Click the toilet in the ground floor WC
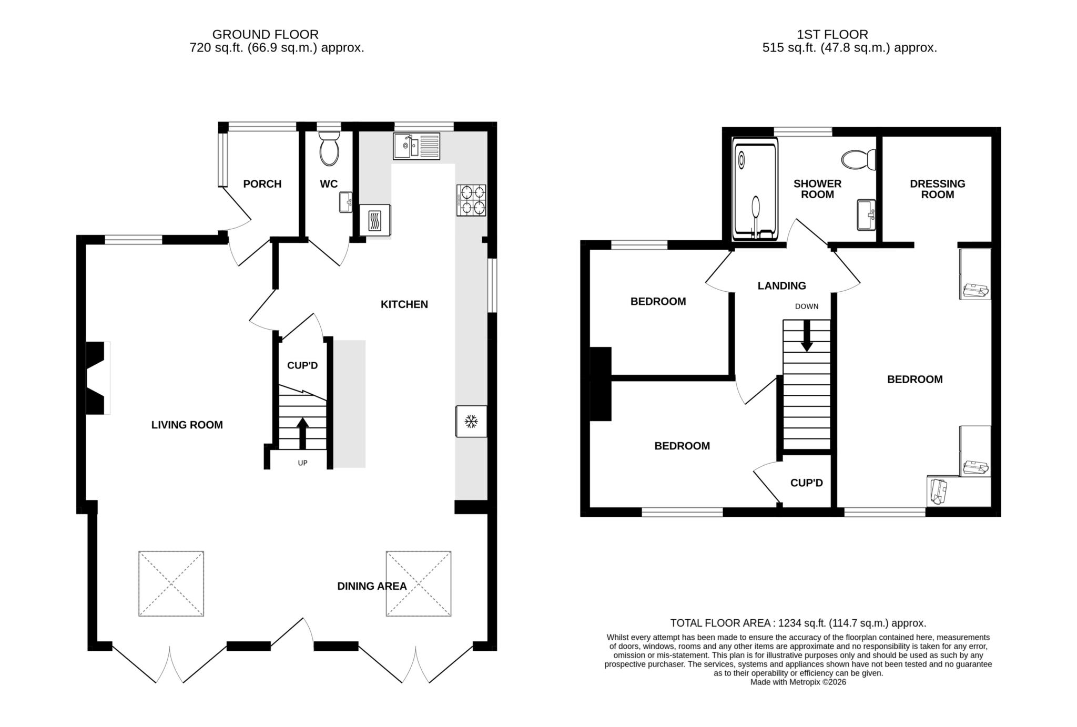329,149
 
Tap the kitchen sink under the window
416,146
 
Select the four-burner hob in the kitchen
471,200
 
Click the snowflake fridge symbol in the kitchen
471,422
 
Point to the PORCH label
262,184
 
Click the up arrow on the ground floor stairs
303,433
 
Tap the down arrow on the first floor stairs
807,336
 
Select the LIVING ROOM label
187,425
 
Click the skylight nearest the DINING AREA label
419,583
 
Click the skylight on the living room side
171,583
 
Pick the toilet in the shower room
858,159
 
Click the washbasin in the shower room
866,214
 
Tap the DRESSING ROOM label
937,189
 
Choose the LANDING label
781,285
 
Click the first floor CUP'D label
806,483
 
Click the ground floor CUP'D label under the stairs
302,365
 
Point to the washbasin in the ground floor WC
346,202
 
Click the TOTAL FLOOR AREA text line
798,623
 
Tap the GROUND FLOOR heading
265,35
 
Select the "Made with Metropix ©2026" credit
798,682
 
